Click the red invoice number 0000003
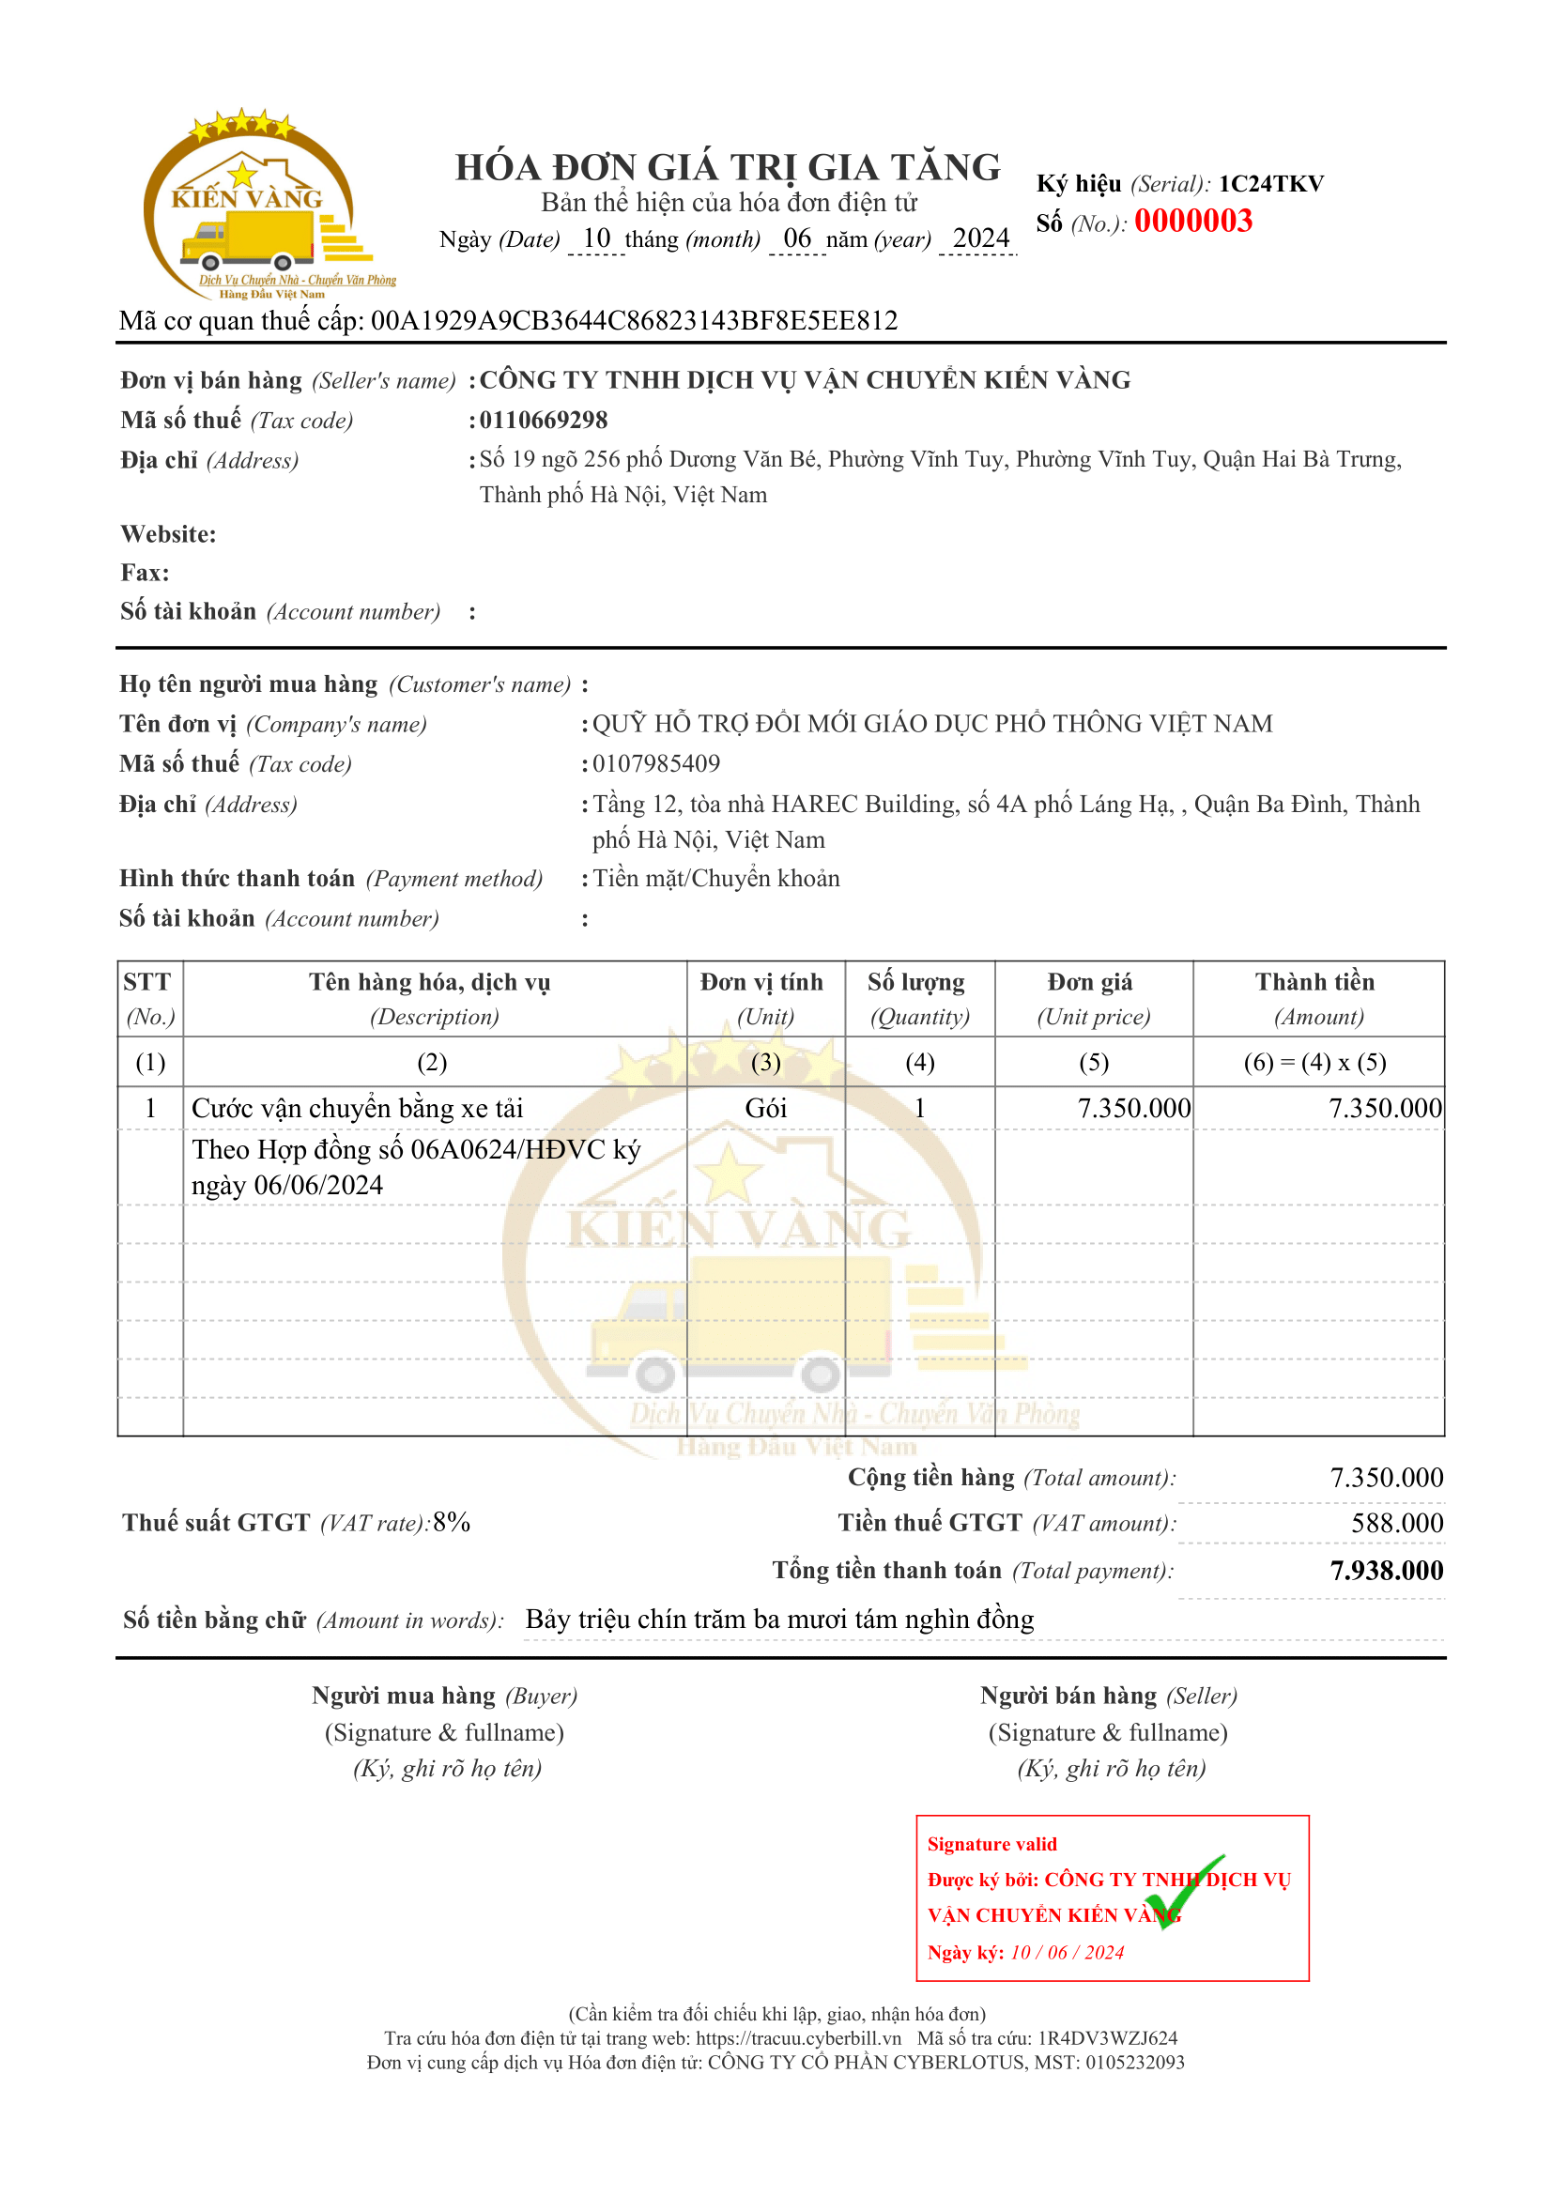(1192, 222)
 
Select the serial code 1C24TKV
(1270, 184)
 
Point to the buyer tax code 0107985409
(656, 763)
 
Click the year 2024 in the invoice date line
(980, 238)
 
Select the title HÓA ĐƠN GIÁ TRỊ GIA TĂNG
(728, 167)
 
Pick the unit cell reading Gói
(765, 1108)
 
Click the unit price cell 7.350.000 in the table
(1133, 1108)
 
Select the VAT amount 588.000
(1396, 1523)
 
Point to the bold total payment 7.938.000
(1386, 1571)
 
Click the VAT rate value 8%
(452, 1523)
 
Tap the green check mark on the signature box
(1191, 1893)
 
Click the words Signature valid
(991, 1844)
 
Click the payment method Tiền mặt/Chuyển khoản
(716, 878)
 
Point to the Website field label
(168, 533)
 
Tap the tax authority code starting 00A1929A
(634, 320)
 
